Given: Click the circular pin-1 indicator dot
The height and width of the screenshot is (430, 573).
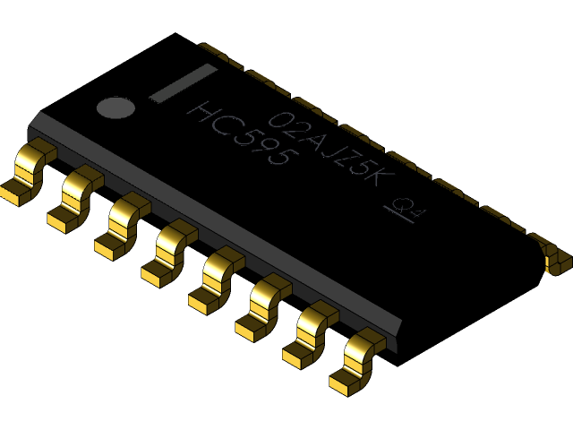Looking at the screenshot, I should pos(115,107).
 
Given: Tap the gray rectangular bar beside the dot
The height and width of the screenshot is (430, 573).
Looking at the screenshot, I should pos(183,82).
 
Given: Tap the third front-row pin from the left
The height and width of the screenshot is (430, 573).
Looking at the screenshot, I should pos(123,225).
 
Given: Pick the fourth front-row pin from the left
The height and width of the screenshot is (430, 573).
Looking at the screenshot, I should pos(170,253).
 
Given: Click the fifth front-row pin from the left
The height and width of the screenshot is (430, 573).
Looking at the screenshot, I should pos(217,280).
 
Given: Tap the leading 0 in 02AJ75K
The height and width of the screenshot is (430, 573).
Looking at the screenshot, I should pos(280,119).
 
